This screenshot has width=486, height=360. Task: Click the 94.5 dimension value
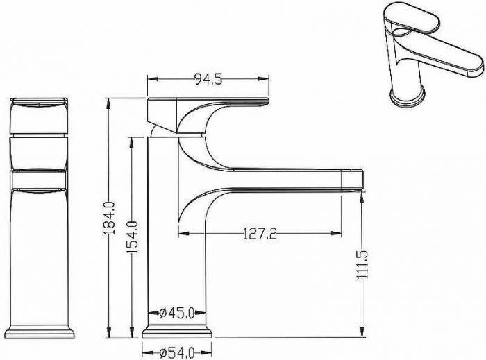point(208,79)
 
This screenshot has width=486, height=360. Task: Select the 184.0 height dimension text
point(109,218)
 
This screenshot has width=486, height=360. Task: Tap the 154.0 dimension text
point(133,237)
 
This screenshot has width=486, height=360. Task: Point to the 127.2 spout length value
point(260,234)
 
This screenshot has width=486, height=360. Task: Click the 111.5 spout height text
point(362,264)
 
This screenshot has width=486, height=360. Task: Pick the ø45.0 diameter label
point(177,313)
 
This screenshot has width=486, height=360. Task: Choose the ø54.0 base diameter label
point(177,352)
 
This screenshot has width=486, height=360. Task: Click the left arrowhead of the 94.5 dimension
point(153,79)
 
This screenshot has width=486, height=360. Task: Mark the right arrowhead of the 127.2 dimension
point(336,233)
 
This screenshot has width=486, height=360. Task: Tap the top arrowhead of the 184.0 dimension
point(108,103)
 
